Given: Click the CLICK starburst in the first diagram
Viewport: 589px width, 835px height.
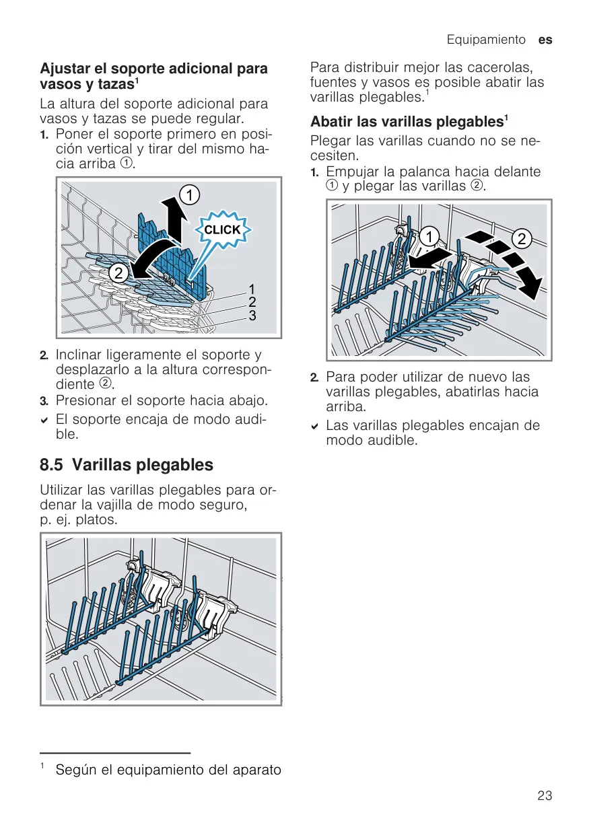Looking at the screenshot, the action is coord(223,229).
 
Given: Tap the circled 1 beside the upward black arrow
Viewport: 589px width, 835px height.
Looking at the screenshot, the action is coord(190,195).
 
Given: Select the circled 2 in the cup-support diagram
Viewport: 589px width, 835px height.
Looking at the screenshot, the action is coord(118,274).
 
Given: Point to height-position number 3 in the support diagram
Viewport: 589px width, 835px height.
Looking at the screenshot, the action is coord(252,316).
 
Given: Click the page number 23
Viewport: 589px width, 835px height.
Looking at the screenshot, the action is coord(545,796).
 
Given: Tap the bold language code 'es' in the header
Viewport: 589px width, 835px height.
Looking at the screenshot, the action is coord(545,40).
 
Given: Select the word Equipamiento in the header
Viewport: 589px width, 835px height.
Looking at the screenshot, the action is coord(486,39).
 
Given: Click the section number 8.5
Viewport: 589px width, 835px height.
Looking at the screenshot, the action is coord(51,465).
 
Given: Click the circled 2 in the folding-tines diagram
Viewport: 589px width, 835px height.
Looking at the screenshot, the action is coord(522,239).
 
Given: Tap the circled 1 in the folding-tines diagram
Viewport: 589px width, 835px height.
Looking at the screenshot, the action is coord(429,237).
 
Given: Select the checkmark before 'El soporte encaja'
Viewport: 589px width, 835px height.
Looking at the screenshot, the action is coord(44,421).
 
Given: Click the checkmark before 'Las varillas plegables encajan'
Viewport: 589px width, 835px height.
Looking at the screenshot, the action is coord(314,427).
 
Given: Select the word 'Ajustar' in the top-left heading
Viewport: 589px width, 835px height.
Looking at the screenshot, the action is coord(65,69).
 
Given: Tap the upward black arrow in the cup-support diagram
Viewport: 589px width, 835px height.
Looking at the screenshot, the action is coord(174,220).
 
